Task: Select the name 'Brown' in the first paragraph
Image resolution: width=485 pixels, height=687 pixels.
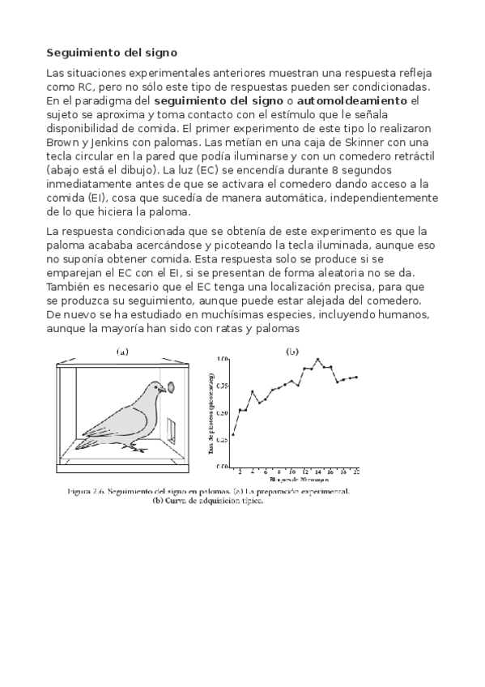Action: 65,142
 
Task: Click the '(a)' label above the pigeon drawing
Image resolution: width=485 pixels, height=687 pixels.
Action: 122,352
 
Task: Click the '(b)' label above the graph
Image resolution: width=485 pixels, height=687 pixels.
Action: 291,352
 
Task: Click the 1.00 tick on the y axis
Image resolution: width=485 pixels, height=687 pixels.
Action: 223,358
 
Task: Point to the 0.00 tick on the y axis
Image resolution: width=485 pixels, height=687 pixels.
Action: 223,467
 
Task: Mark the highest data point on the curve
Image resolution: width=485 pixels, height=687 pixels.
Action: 317,359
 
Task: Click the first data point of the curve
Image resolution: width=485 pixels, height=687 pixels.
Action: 233,434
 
